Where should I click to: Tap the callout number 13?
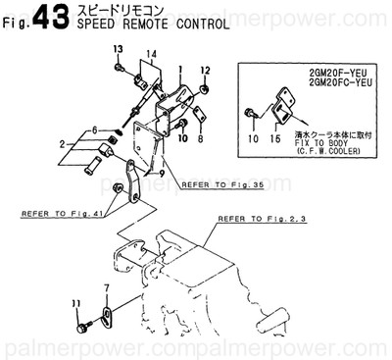coord(118,49)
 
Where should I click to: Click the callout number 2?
coord(62,145)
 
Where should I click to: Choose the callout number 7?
coord(107,287)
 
